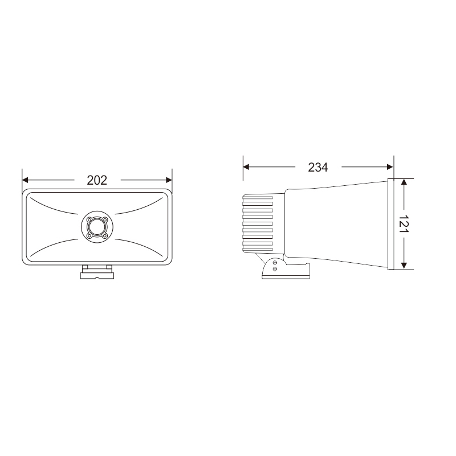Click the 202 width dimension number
pyautogui.click(x=97, y=180)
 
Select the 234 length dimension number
pyautogui.click(x=317, y=167)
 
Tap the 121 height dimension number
pyautogui.click(x=404, y=223)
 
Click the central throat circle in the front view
pyautogui.click(x=97, y=227)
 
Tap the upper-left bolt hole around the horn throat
pyautogui.click(x=89, y=219)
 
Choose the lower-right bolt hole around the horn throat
pyautogui.click(x=105, y=235)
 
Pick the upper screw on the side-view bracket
pyautogui.click(x=275, y=262)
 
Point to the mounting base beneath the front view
pyautogui.click(x=97, y=274)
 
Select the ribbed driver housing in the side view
pyautogui.click(x=258, y=223)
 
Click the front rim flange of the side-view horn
pyautogui.click(x=392, y=223)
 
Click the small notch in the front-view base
pyautogui.click(x=97, y=278)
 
